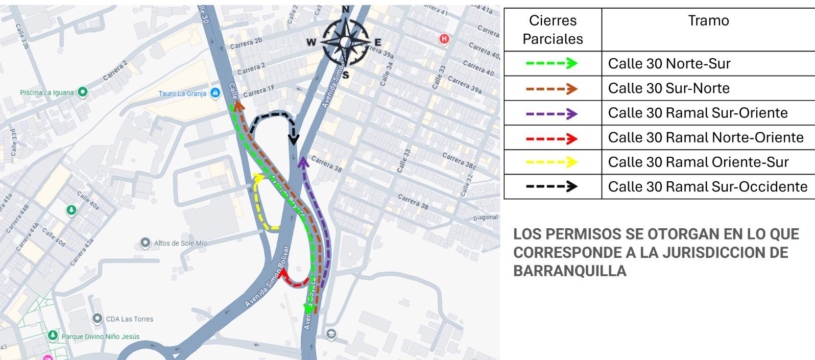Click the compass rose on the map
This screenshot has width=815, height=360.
pos(345,42)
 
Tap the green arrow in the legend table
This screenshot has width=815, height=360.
pos(552,63)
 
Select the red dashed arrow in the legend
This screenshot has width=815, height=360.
pos(552,138)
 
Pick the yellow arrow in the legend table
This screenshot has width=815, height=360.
pos(552,162)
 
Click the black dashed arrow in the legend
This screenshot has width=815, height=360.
pos(552,186)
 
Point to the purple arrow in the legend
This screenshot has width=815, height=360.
pos(552,113)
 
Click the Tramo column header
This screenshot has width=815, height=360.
pos(708,21)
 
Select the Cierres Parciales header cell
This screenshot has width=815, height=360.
pos(553,30)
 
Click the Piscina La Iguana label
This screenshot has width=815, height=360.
pos(47,92)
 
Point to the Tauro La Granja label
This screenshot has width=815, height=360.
pos(182,93)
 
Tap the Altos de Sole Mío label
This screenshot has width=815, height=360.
pos(180,243)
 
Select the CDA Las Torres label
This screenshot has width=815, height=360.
pos(129,319)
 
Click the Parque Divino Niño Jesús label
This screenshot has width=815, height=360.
pos(100,337)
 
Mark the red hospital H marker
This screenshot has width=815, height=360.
pos(444,38)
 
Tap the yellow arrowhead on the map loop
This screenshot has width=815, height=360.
pos(259,178)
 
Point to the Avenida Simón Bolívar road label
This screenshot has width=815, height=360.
pos(267,276)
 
